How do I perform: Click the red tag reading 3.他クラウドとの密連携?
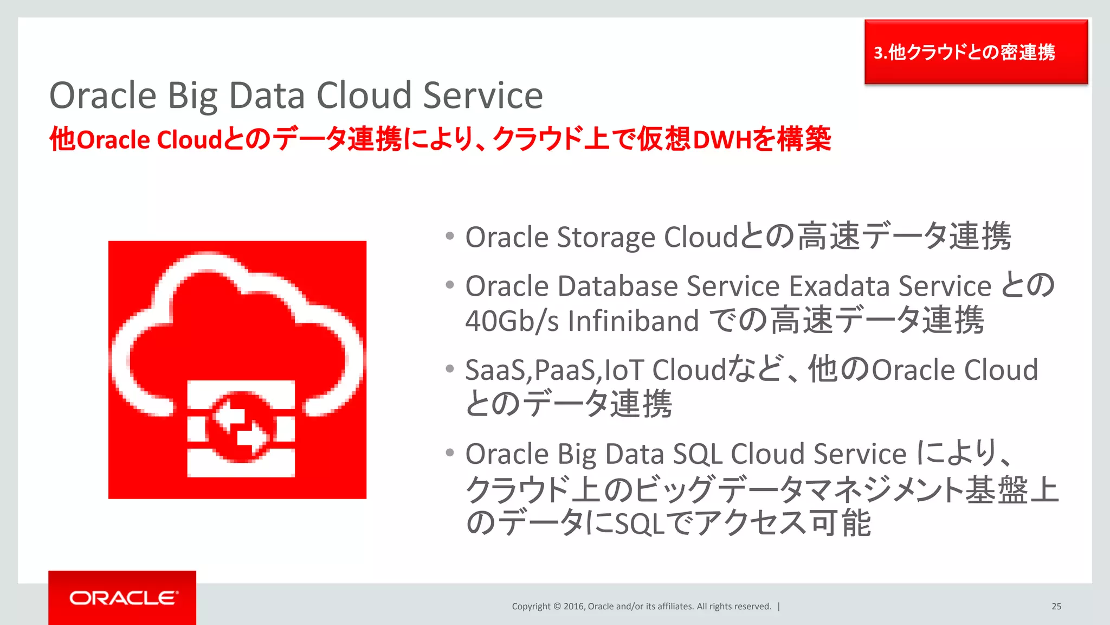976,52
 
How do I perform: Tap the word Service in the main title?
482,95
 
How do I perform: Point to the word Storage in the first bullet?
606,237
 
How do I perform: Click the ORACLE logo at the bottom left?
123,598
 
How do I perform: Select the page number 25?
1056,607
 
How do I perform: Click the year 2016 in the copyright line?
573,607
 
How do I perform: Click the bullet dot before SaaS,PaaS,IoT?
449,369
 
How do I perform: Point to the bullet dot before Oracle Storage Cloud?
449,236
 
